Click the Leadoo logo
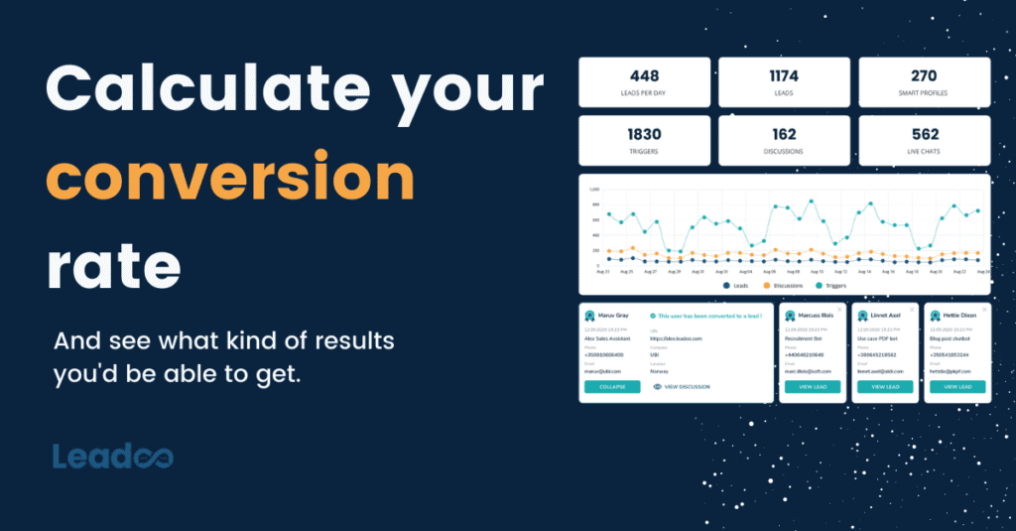(112, 457)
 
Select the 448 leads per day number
(644, 75)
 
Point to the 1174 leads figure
(784, 75)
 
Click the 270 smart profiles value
(924, 75)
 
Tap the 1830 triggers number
(644, 134)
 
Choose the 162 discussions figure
(784, 134)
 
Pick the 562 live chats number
(924, 134)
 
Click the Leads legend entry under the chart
(735, 286)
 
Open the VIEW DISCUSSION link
(686, 387)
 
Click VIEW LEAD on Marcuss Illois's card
(813, 387)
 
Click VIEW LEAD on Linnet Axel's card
(885, 387)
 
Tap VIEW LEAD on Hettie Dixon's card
(956, 387)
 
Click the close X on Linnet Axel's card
(912, 309)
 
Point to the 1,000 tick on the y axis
(594, 189)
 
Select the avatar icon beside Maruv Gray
(590, 317)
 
